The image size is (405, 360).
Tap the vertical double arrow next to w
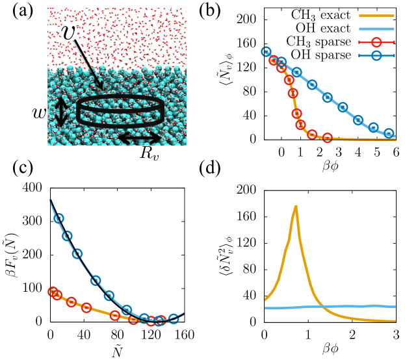[60, 111]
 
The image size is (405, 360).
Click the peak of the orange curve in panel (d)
[296, 207]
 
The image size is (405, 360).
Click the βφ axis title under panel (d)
[328, 352]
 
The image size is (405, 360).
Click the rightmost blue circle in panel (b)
[389, 134]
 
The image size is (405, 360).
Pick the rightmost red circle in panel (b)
[327, 138]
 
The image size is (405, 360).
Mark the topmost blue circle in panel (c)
[59, 218]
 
